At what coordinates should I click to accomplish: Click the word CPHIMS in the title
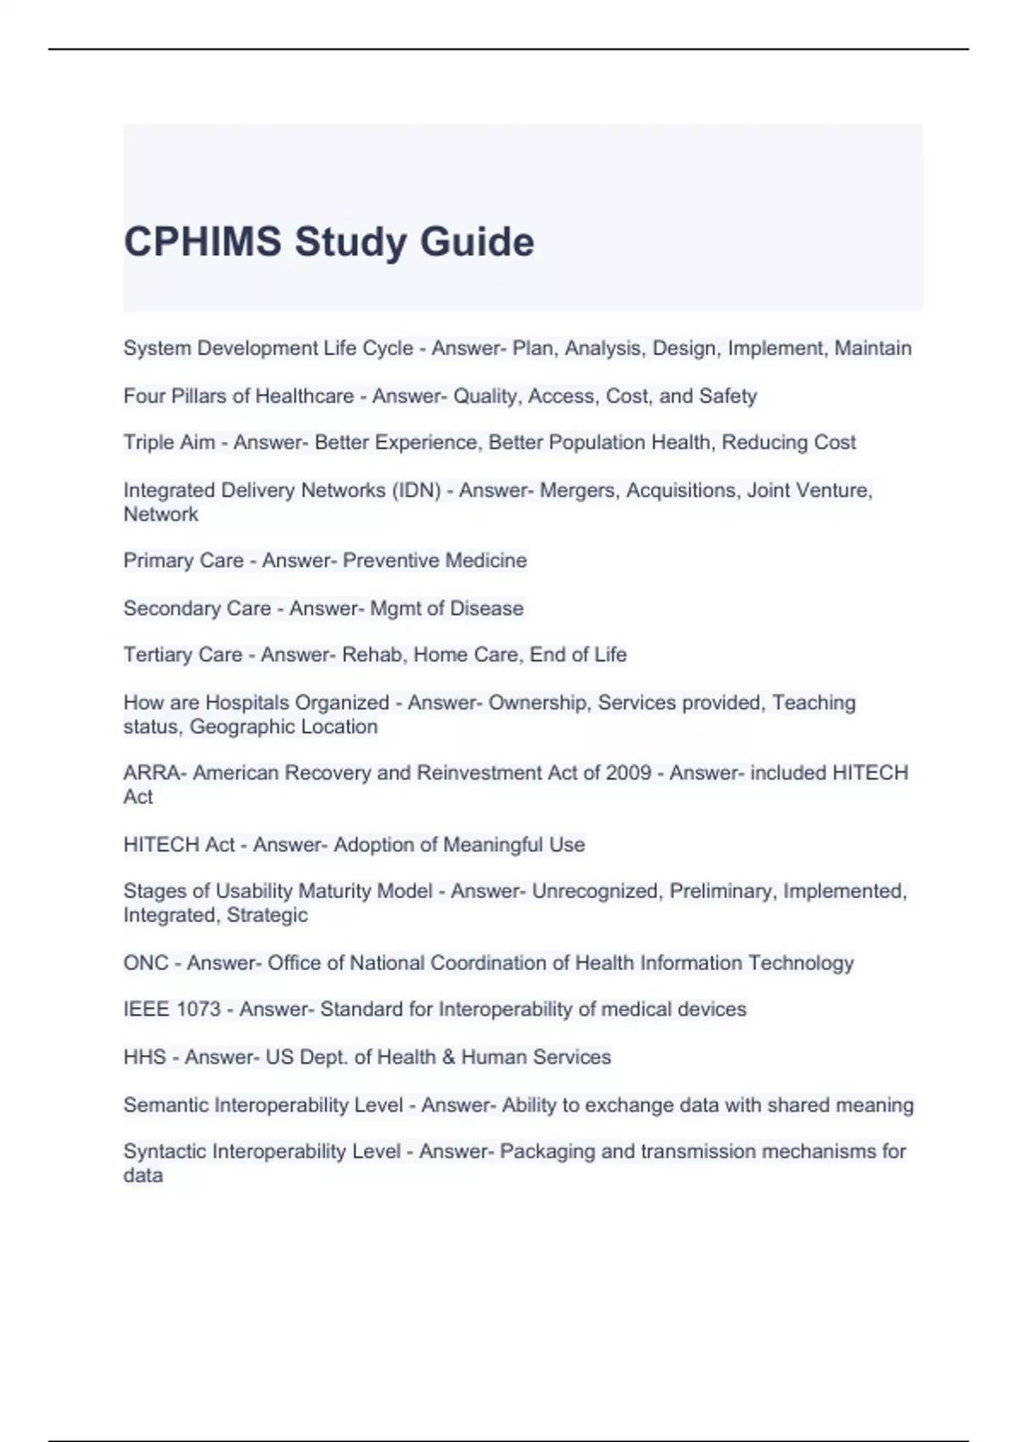203,242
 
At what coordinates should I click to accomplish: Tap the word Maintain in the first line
873,349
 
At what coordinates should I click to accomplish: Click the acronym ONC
146,963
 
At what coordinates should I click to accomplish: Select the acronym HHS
144,1057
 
